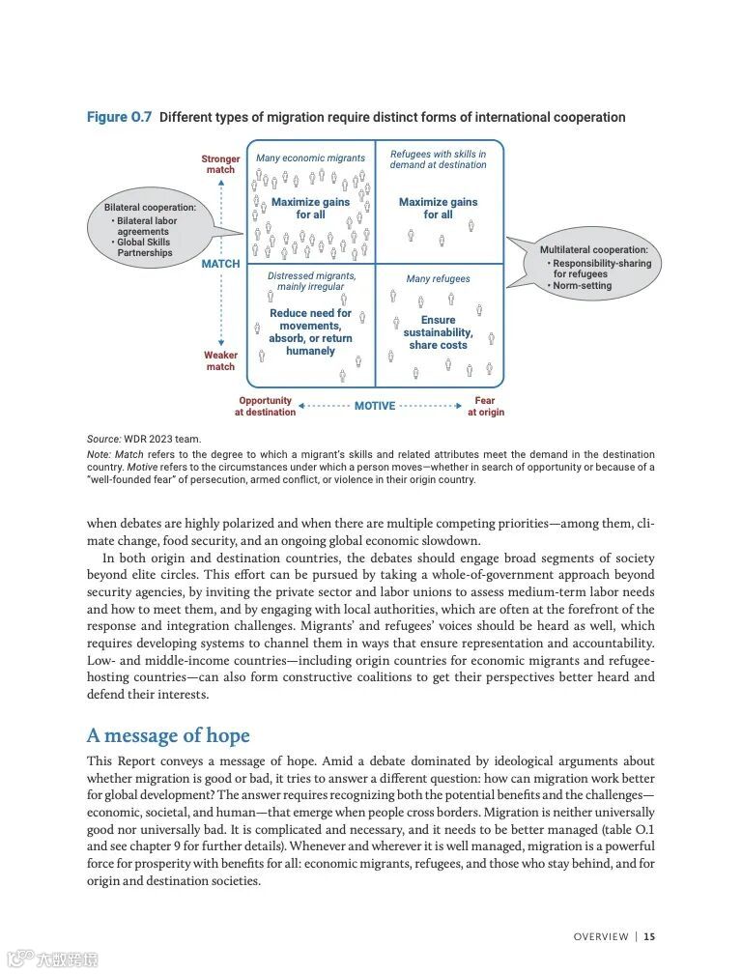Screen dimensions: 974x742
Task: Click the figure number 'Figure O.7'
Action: [119, 117]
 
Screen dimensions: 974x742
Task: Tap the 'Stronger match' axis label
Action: [220, 164]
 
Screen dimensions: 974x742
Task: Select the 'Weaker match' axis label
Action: [220, 360]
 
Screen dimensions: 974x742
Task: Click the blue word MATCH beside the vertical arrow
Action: [220, 264]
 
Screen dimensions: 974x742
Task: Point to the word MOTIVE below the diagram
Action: [375, 406]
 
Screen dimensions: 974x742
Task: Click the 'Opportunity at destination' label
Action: [265, 406]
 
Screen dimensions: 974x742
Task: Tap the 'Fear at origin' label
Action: [485, 406]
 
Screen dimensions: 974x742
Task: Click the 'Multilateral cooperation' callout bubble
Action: [592, 263]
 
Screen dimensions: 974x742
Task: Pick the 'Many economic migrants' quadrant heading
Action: [310, 158]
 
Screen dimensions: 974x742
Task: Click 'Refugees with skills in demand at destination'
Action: [438, 159]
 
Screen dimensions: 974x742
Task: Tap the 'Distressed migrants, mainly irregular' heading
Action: [311, 281]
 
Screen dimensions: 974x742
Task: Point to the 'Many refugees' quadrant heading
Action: [438, 279]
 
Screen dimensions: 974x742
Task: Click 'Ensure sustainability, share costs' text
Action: [438, 332]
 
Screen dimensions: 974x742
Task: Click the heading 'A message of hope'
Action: [168, 735]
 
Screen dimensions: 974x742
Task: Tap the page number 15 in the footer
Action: [650, 936]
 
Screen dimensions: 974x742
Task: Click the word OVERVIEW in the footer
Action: [601, 936]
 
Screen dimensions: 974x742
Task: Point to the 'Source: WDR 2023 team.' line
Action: [144, 439]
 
